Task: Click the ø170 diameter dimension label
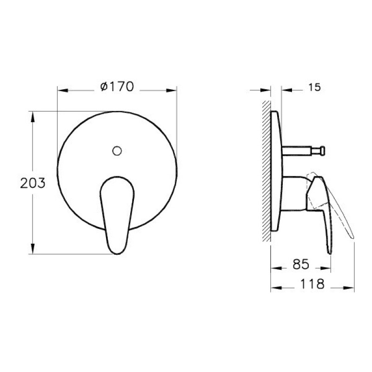pyautogui.click(x=117, y=86)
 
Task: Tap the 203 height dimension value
pyautogui.click(x=33, y=183)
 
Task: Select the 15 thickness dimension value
pyautogui.click(x=314, y=87)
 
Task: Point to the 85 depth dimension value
pyautogui.click(x=301, y=264)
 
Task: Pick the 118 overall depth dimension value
pyautogui.click(x=312, y=284)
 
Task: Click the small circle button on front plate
pyautogui.click(x=117, y=151)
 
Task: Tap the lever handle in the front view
pyautogui.click(x=117, y=215)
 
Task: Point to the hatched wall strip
pyautogui.click(x=266, y=171)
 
